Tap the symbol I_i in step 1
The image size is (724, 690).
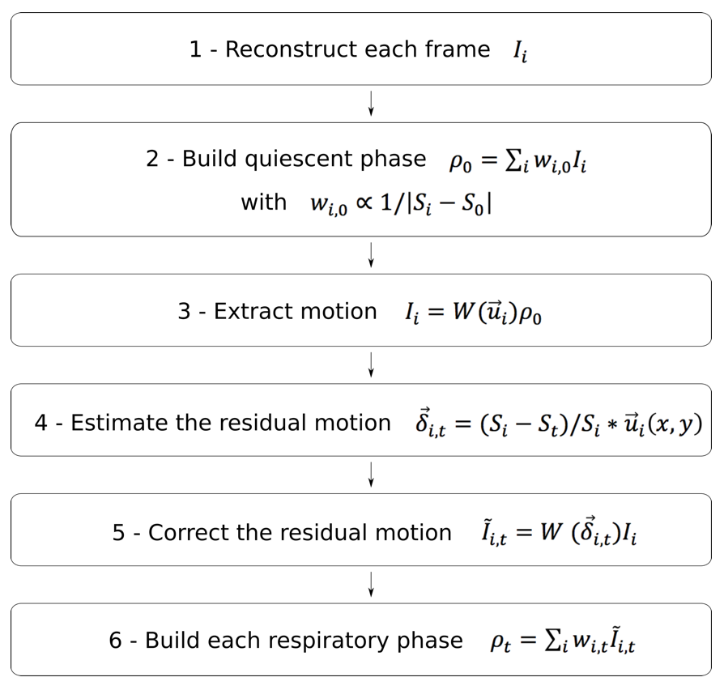click(520, 52)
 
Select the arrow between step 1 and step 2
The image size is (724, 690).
click(371, 104)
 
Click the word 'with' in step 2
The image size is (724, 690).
click(263, 202)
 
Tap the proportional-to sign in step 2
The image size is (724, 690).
click(364, 204)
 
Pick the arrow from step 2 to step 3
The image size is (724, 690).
click(371, 255)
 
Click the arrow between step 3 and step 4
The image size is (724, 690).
click(371, 364)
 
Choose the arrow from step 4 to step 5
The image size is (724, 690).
click(371, 475)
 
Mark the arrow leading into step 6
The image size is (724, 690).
click(371, 584)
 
